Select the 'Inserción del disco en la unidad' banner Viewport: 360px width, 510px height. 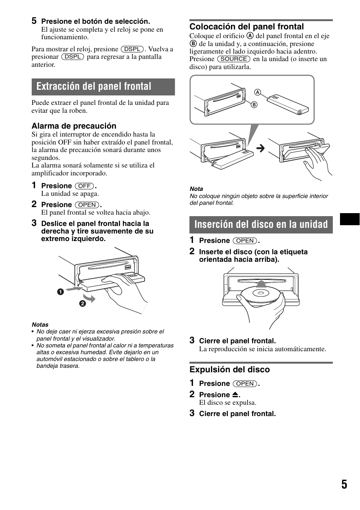pyautogui.click(x=261, y=224)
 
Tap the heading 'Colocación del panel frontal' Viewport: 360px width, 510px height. pyautogui.click(x=246, y=26)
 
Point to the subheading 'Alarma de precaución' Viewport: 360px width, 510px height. pyautogui.click(x=74, y=126)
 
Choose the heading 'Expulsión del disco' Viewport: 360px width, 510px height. pyautogui.click(x=229, y=370)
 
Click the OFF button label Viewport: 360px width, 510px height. pyautogui.click(x=85, y=186)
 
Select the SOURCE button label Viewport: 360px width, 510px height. pyautogui.click(x=234, y=59)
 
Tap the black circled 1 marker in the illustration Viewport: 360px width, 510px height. pyautogui.click(x=60, y=292)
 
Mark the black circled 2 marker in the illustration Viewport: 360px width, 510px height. pyautogui.click(x=82, y=303)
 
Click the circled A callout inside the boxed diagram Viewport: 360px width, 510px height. pyautogui.click(x=257, y=92)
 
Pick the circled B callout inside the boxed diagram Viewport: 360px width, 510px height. pyautogui.click(x=254, y=105)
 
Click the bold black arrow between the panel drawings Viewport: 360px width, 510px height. pyautogui.click(x=260, y=148)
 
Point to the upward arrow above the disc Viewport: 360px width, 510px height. pyautogui.click(x=261, y=283)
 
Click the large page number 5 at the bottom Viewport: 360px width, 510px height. pyautogui.click(x=344, y=484)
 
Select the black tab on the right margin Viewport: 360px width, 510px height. pyautogui.click(x=349, y=219)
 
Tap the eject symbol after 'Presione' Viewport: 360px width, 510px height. pyautogui.click(x=235, y=395)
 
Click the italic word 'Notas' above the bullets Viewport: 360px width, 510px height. pyautogui.click(x=40, y=324)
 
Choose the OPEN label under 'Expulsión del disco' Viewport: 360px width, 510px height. pyautogui.click(x=245, y=384)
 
